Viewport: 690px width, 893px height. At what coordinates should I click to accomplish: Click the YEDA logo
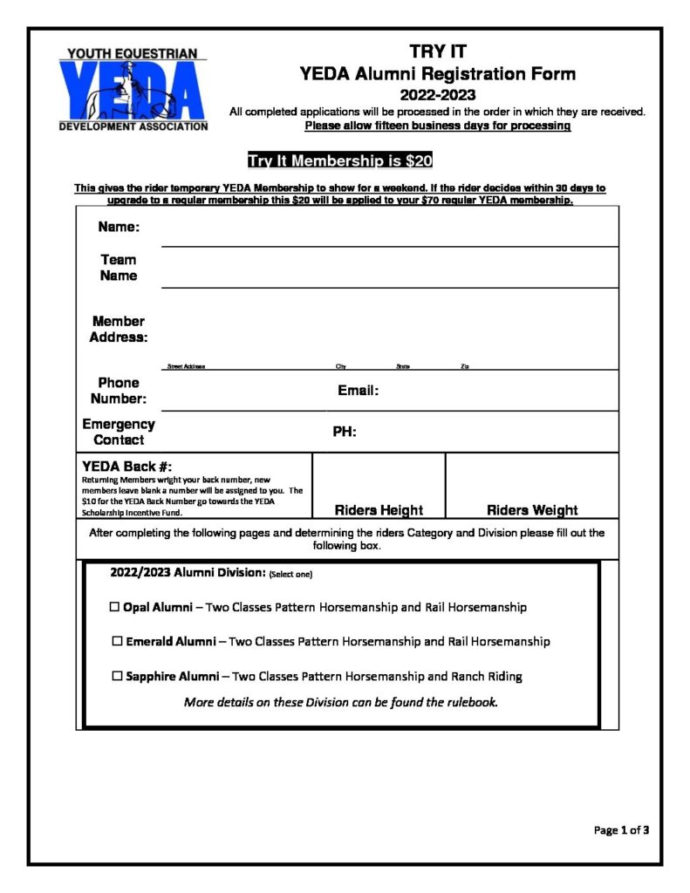133,89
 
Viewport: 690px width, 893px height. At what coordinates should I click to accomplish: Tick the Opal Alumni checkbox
114,607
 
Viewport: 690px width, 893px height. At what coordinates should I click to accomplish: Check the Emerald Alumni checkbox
117,642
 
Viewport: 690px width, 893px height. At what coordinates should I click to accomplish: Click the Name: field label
118,228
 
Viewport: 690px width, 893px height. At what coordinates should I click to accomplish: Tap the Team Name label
119,268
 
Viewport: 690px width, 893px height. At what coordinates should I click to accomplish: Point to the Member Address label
119,330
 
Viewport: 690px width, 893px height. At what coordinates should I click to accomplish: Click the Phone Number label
119,391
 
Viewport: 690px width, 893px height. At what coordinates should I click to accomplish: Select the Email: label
358,392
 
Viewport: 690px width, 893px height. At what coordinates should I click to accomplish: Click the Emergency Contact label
119,432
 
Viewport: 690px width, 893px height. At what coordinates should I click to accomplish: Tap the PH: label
345,432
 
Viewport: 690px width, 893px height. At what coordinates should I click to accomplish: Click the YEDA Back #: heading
133,467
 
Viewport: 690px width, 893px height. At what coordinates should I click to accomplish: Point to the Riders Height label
379,510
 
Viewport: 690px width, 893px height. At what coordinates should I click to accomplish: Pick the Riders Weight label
532,510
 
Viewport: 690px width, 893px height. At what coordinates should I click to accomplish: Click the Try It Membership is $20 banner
340,160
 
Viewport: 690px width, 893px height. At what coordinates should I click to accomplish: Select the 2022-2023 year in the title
438,94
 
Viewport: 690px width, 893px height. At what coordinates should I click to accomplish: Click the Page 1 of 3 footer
621,830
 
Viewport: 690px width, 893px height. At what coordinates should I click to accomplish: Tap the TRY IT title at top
438,52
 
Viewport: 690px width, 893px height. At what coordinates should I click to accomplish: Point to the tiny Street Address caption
185,367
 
